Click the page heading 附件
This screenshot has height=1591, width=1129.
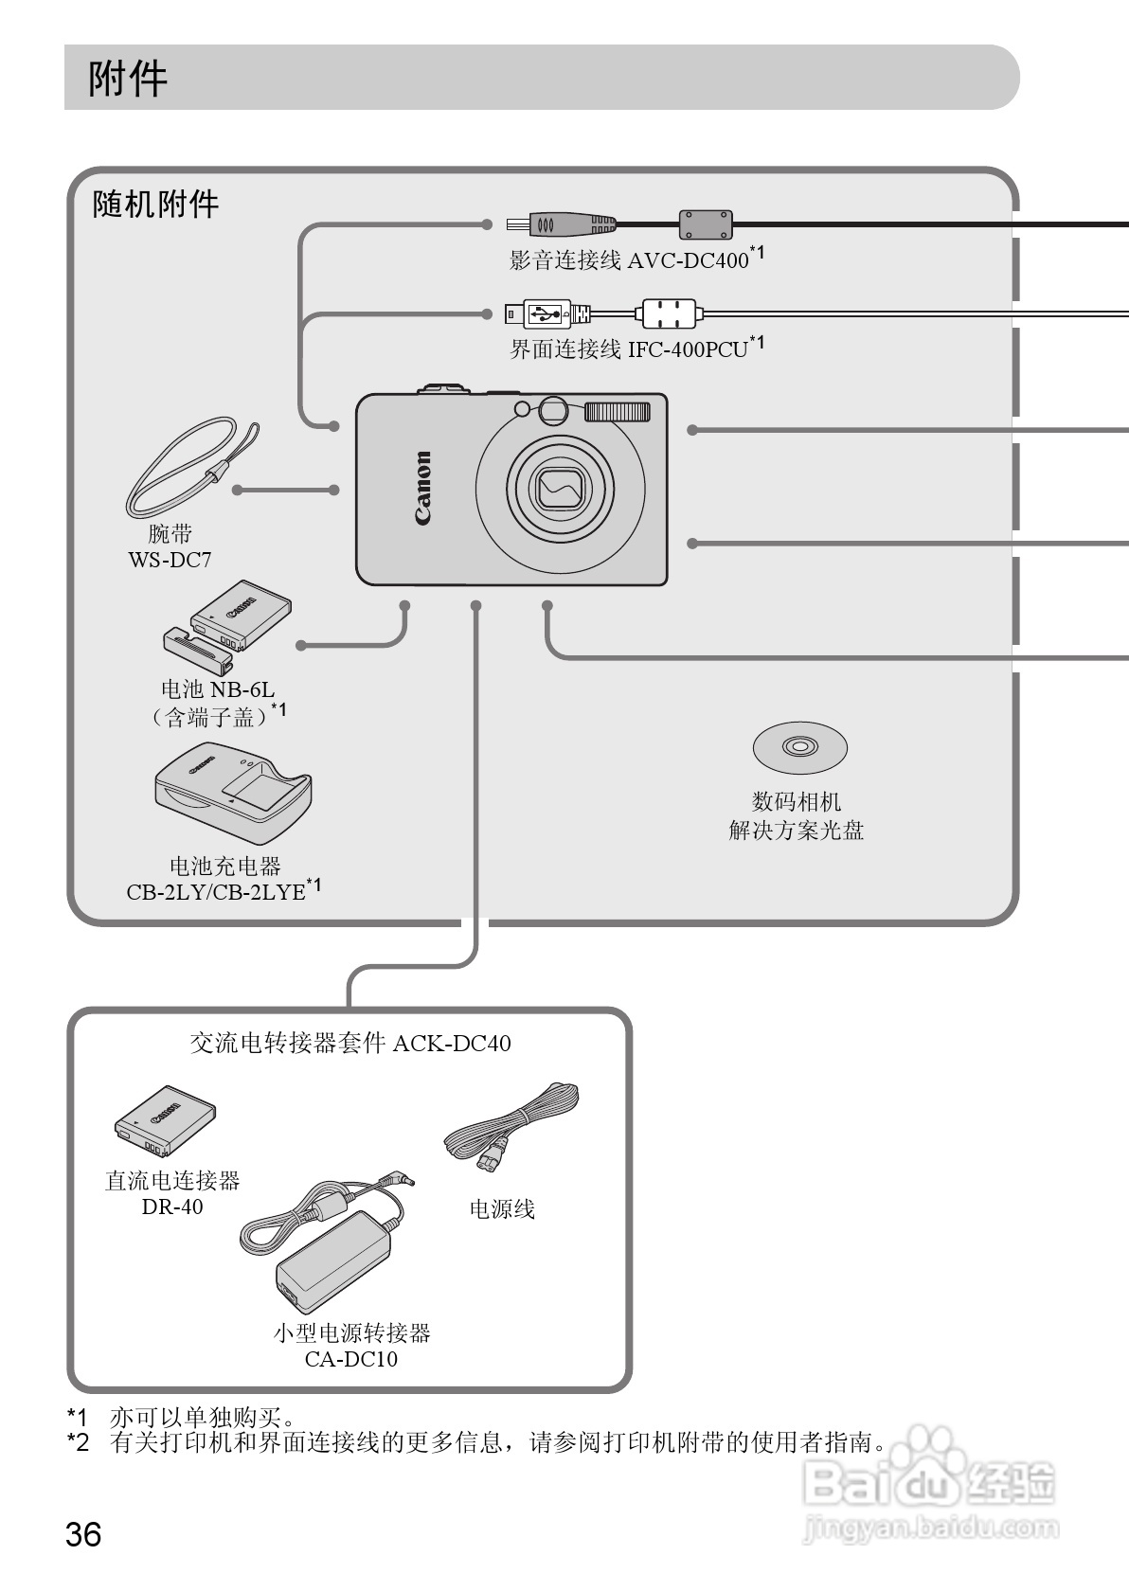128,79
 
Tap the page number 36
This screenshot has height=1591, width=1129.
83,1533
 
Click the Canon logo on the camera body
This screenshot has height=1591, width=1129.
421,488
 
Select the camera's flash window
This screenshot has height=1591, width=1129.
618,411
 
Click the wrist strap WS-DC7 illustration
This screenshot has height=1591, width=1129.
189,465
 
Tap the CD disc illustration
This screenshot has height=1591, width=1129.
799,748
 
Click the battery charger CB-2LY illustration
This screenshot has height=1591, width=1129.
232,795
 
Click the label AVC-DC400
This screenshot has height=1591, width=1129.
688,260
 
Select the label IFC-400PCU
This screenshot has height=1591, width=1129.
688,349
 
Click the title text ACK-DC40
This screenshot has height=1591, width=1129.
452,1044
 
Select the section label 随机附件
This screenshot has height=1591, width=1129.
155,204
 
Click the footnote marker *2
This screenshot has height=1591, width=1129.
78,1443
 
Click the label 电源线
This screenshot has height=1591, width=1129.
502,1209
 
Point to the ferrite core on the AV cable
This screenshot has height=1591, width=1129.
706,224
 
